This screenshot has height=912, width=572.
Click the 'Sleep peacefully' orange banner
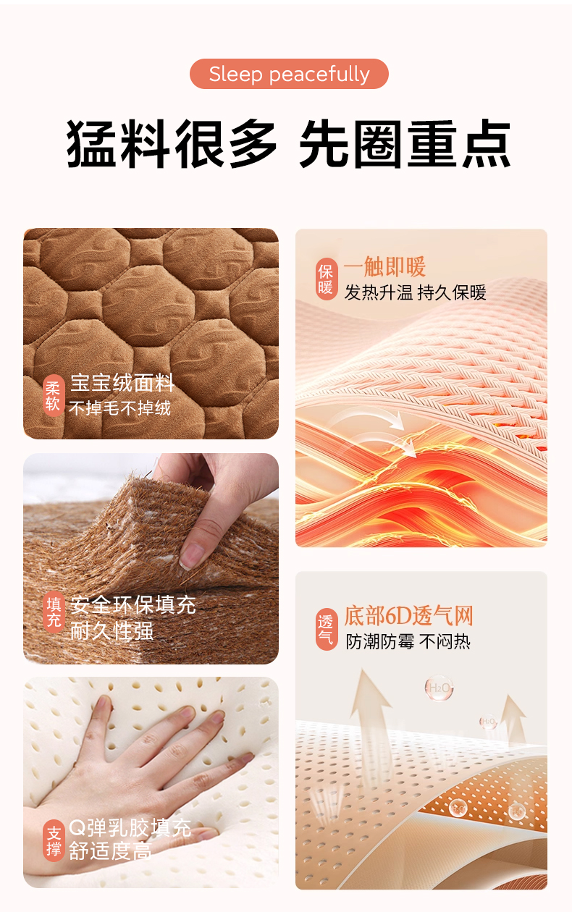[289, 74]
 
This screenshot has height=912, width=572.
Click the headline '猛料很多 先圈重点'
[288, 143]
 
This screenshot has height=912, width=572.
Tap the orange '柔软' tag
[54, 395]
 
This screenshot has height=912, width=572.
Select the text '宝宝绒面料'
[122, 383]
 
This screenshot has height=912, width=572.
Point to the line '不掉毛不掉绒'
[119, 408]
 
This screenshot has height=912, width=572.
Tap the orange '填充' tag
[54, 612]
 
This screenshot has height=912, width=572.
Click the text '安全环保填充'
[133, 604]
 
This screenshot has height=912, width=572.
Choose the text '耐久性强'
[112, 630]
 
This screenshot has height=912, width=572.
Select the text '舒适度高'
[111, 851]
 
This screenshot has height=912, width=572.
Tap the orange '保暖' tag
[327, 279]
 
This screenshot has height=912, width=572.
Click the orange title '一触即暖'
[385, 266]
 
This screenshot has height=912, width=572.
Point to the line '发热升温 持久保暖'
[415, 292]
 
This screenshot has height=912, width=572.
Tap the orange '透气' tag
[327, 629]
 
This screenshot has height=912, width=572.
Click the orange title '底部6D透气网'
[408, 615]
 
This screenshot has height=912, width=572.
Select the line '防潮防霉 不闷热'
[408, 641]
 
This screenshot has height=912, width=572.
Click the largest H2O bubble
[439, 688]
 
